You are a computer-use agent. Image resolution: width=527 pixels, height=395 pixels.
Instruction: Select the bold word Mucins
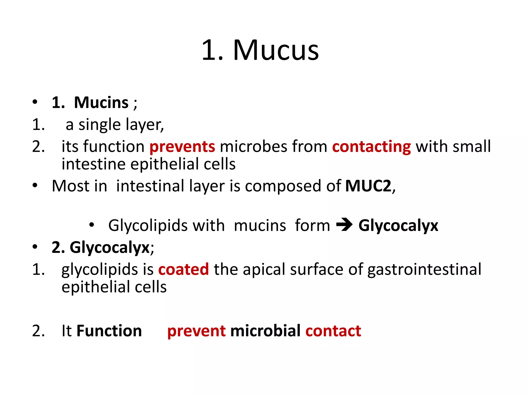101,103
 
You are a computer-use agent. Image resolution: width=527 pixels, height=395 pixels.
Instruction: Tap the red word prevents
182,147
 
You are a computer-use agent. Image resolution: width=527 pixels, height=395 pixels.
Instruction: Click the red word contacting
371,147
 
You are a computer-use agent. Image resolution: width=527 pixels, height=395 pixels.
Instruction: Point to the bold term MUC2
368,186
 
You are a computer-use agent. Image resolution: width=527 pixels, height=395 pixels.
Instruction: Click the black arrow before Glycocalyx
344,225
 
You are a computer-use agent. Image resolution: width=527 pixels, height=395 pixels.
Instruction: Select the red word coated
183,270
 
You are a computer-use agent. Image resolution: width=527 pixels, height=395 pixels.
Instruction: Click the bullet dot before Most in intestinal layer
35,185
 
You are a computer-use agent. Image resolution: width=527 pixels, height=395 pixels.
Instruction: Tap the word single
99,125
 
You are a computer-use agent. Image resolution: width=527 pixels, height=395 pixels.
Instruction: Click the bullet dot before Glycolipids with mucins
92,225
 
